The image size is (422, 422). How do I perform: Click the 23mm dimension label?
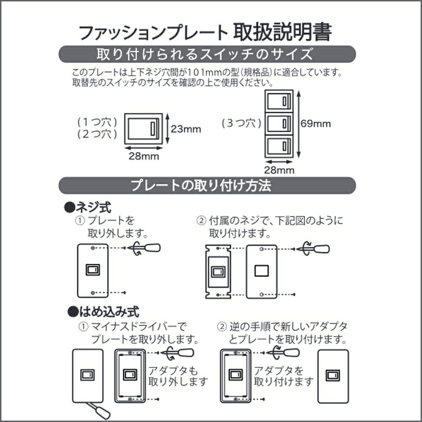(186, 129)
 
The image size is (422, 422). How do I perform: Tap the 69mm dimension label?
(316, 124)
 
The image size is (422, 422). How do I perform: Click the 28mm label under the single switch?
(144, 156)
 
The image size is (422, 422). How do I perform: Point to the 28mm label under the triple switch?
(279, 170)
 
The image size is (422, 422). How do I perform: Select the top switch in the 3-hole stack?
(279, 101)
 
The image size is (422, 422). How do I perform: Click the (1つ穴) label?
(97, 122)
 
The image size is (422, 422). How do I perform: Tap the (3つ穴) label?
(241, 123)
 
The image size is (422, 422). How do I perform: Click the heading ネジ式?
(88, 207)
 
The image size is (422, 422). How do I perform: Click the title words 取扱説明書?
(282, 32)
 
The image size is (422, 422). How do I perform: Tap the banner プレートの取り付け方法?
(201, 185)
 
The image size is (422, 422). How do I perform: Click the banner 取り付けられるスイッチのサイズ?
(205, 54)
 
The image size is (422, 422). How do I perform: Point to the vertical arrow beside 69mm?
(298, 124)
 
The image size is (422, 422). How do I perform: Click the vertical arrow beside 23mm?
(168, 129)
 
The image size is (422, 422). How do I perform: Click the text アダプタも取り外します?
(178, 376)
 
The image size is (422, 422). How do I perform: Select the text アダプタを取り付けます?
(284, 376)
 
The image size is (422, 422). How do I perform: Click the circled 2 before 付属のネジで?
(201, 221)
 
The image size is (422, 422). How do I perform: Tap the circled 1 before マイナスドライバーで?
(83, 327)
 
